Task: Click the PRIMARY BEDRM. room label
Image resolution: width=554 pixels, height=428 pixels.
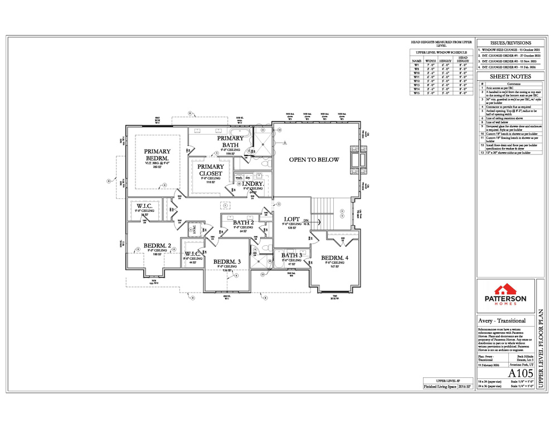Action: [x=157, y=154]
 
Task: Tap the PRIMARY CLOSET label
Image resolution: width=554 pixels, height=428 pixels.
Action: [x=211, y=170]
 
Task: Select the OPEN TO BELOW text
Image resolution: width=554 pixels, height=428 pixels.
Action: [x=314, y=159]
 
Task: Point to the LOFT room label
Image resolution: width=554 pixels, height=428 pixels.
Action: [x=292, y=220]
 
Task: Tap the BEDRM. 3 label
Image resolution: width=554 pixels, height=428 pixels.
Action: [x=227, y=261]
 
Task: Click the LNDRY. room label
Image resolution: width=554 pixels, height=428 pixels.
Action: [x=252, y=183]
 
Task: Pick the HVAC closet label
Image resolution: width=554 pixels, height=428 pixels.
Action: [x=196, y=230]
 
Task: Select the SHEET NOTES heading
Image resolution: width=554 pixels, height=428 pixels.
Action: [x=510, y=76]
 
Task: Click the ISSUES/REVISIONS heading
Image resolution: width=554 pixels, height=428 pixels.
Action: [x=510, y=43]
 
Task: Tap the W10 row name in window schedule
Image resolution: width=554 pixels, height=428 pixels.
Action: [x=416, y=72]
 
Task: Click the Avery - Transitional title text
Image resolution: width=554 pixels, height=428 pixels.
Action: [x=503, y=321]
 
